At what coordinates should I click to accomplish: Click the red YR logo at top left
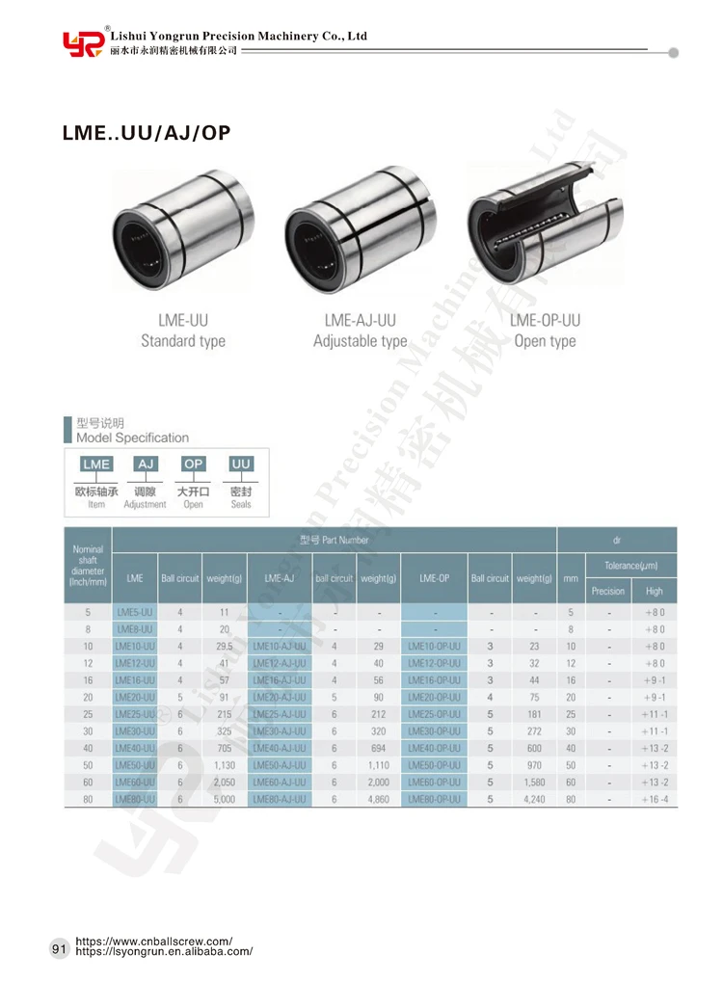pos(82,42)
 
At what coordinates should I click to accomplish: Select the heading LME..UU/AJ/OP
pos(147,133)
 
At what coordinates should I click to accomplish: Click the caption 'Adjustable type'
pos(360,341)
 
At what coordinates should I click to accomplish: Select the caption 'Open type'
pos(545,341)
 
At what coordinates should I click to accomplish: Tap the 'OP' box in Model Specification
pos(193,464)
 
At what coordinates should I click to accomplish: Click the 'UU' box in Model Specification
pos(241,464)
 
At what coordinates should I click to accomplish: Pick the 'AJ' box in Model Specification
pos(146,464)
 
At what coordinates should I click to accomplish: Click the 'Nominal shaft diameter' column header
pos(88,565)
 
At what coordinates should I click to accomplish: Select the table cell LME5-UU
pos(135,612)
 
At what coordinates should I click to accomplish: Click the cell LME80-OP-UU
pos(433,799)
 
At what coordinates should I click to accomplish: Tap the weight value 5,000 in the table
pos(224,799)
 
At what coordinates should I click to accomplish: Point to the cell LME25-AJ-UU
pos(279,715)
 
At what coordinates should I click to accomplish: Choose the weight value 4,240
pos(534,799)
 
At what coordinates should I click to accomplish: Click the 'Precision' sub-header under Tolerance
pos(607,591)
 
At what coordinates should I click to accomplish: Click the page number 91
pos(59,950)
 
